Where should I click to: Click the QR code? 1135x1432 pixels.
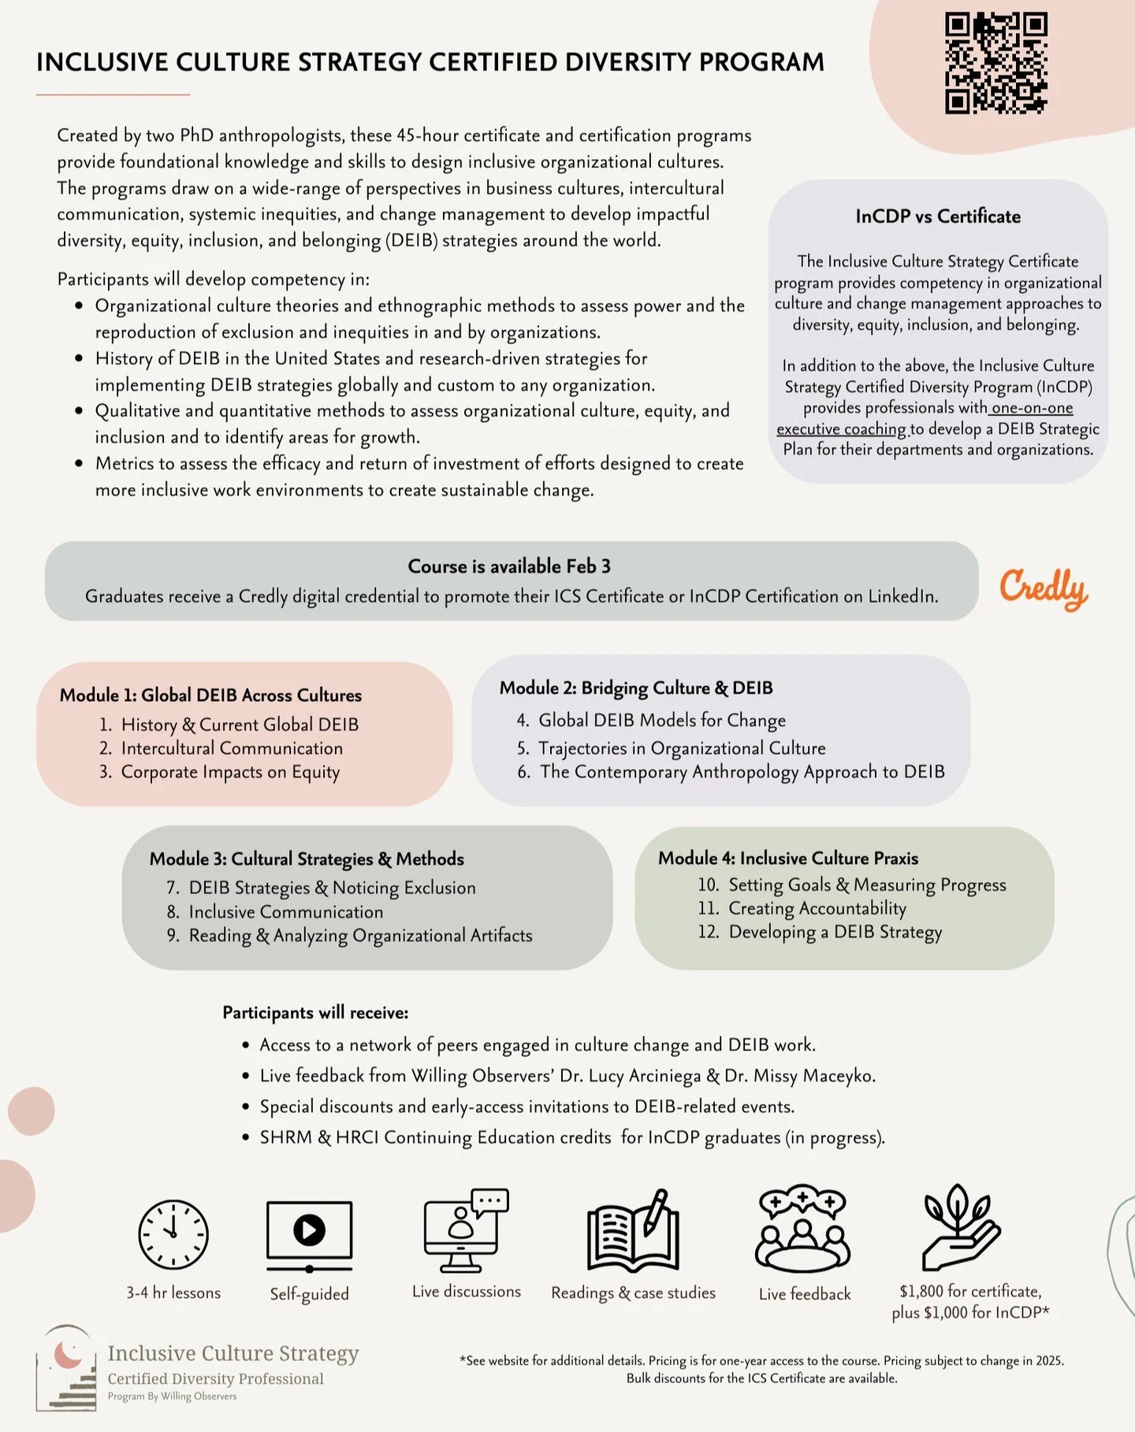[996, 63]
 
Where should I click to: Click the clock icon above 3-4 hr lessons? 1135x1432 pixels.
[173, 1234]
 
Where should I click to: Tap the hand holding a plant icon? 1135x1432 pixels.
[961, 1227]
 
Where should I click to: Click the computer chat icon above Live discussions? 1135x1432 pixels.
[466, 1229]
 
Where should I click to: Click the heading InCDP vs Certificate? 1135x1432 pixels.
[938, 217]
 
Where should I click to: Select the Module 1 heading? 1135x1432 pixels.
[210, 695]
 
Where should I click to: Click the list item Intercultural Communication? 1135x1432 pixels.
[232, 748]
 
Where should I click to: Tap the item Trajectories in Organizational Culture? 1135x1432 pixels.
[682, 748]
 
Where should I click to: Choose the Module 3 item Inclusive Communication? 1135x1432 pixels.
[285, 912]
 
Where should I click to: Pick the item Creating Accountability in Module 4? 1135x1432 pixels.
[817, 908]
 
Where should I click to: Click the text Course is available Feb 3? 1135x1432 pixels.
[509, 566]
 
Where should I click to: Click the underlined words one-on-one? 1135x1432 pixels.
[1032, 408]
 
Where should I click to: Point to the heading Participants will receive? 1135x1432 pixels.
[315, 1013]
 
